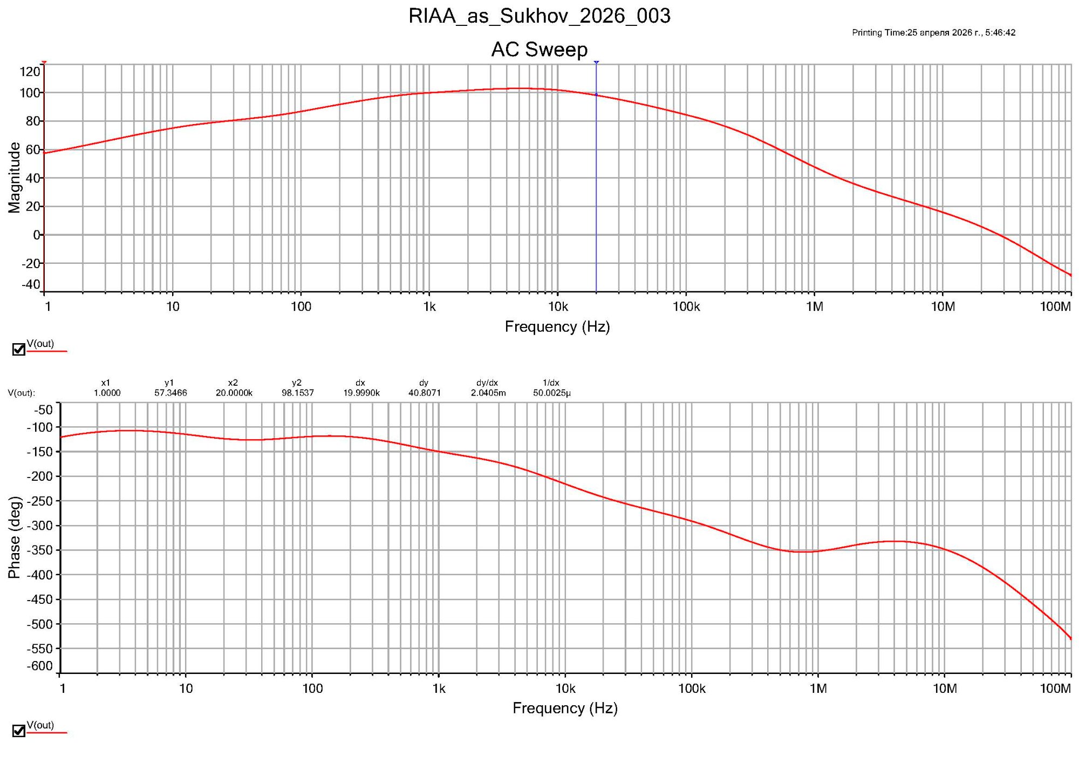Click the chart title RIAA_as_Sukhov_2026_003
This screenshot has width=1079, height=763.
click(x=539, y=16)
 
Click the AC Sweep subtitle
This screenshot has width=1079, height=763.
click(x=539, y=50)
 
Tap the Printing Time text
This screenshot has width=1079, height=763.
click(x=933, y=32)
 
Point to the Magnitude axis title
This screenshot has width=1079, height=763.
click(x=14, y=178)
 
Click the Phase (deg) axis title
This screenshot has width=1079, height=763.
click(x=14, y=537)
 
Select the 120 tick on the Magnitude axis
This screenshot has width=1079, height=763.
click(x=30, y=72)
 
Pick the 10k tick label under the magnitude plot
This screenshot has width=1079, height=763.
click(x=558, y=307)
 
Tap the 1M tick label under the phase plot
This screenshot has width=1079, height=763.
click(x=818, y=689)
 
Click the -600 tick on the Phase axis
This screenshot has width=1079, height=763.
click(x=40, y=666)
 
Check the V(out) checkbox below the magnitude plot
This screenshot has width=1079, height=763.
click(x=19, y=350)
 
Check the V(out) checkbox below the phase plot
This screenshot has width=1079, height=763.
click(x=19, y=731)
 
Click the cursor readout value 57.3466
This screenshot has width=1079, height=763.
click(x=170, y=393)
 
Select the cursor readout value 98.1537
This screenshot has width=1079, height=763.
click(x=297, y=393)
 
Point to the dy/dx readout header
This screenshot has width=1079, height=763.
click(x=487, y=383)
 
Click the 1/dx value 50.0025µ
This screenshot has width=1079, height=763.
click(x=551, y=393)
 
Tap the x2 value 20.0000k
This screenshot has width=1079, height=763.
click(x=234, y=393)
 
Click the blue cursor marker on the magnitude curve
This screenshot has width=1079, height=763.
click(x=596, y=95)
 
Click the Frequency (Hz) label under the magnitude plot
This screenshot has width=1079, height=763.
click(x=557, y=327)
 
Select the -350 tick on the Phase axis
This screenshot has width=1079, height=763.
click(x=40, y=550)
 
